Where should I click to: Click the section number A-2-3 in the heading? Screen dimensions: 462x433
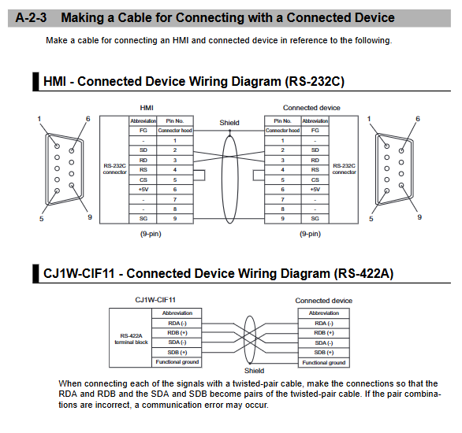coord(31,17)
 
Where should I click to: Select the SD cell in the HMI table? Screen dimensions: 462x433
coord(143,150)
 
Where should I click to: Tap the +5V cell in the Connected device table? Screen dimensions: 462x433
coord(315,190)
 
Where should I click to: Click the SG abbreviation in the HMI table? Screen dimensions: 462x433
coord(143,219)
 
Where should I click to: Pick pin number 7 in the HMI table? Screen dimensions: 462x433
coord(175,199)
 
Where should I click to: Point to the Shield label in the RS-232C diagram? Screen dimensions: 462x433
coord(229,123)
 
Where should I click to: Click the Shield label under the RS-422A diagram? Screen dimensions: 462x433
coord(254,371)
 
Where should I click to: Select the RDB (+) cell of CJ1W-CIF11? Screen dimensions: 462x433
coord(177,333)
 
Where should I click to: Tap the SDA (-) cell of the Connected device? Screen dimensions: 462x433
coord(324,343)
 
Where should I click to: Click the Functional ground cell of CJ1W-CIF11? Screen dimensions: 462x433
coord(177,362)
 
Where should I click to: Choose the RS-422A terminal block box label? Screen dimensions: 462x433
coord(131,339)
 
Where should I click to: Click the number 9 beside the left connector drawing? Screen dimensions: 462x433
coord(90,217)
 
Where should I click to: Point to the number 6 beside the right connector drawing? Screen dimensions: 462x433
coord(418,119)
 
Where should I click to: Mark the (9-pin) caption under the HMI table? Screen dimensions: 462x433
coord(151,234)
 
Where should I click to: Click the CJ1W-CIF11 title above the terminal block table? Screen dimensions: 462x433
coord(155,300)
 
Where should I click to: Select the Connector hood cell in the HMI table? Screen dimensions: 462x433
coord(175,131)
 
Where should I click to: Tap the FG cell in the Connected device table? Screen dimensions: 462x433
coord(315,131)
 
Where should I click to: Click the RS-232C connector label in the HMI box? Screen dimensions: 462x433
coord(114,168)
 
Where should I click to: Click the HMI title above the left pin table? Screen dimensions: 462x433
coord(147,108)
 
